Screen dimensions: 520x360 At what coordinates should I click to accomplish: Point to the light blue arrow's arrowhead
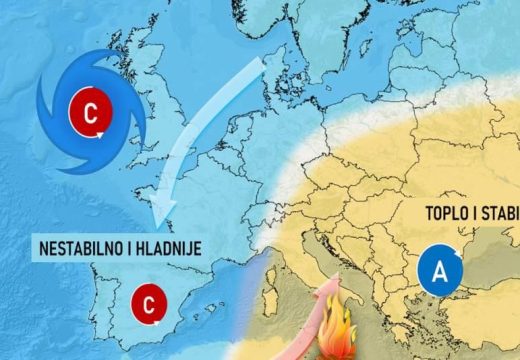click(x=165, y=212)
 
